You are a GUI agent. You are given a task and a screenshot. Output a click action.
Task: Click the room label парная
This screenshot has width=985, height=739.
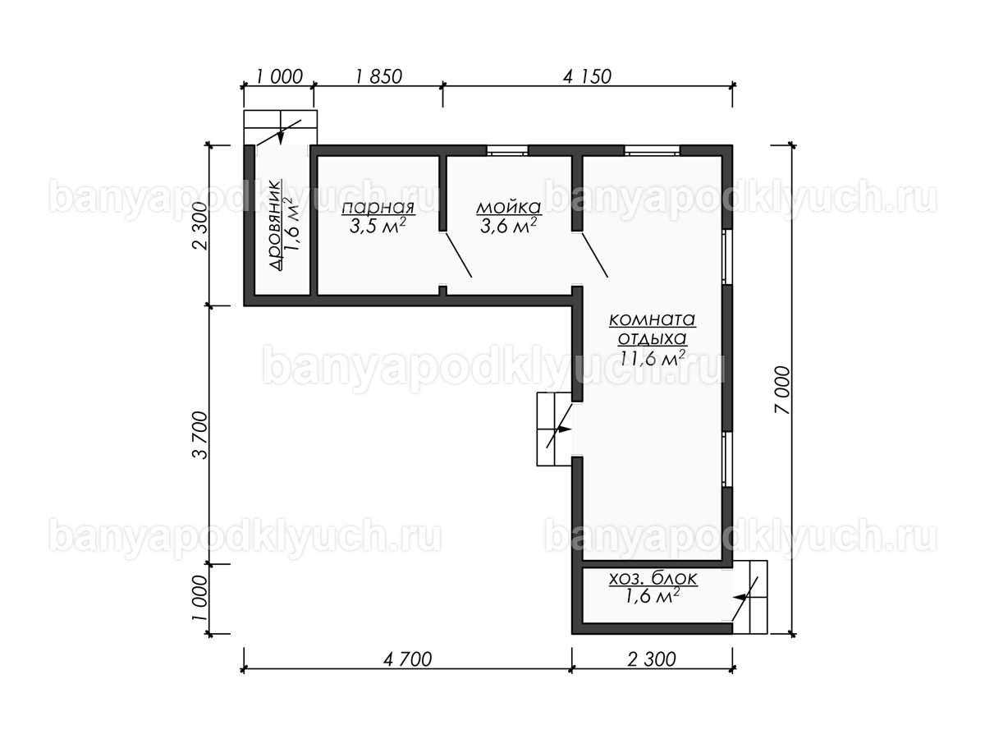click(378, 209)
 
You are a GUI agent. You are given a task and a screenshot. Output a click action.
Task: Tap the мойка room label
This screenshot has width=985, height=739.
click(508, 208)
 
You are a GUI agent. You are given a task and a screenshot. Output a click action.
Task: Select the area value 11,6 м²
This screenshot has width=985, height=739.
click(653, 358)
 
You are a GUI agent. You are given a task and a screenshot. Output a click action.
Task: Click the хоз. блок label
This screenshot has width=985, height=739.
click(653, 578)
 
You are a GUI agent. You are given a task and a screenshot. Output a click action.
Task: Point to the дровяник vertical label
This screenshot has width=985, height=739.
click(275, 225)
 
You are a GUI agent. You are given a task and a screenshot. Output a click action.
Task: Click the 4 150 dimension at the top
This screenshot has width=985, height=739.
click(587, 76)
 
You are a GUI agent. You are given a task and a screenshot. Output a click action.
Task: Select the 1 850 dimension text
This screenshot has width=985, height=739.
click(378, 76)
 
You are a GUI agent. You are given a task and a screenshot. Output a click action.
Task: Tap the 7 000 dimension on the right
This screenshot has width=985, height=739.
click(781, 390)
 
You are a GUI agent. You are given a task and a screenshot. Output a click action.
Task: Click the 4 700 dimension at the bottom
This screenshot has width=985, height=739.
click(407, 659)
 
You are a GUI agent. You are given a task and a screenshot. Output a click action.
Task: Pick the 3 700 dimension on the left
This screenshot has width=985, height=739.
click(200, 435)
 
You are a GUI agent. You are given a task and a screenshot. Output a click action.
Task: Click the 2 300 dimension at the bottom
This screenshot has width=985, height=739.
click(652, 659)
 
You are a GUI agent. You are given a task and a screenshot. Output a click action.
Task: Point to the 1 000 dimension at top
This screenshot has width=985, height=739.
click(279, 76)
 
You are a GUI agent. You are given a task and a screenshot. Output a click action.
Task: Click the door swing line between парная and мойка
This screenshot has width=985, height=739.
click(458, 255)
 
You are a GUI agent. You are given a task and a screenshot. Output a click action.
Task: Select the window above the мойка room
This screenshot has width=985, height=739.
click(507, 150)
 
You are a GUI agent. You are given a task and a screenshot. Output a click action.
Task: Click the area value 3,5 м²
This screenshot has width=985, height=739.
click(378, 227)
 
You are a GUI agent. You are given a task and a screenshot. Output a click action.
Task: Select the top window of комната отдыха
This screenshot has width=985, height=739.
click(652, 150)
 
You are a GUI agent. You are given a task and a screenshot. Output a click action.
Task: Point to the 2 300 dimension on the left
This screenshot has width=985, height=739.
click(200, 226)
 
